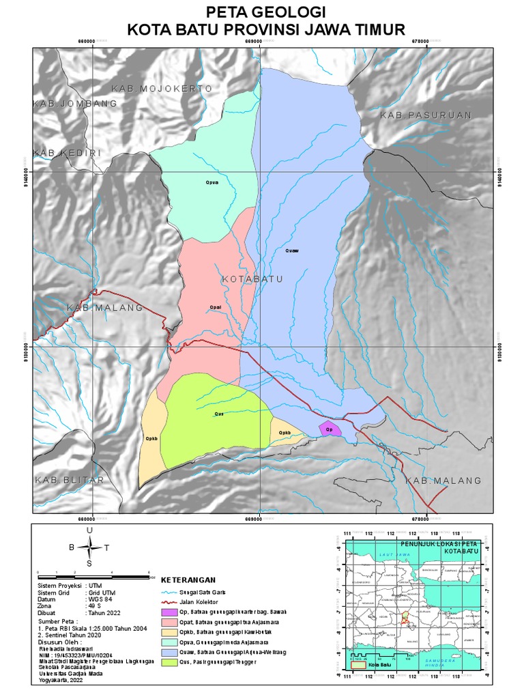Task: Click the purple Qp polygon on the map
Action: (330, 429)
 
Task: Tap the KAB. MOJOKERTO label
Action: (162, 89)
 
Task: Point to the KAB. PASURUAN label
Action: (425, 116)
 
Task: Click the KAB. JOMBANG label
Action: (75, 104)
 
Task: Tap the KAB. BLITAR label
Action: (70, 480)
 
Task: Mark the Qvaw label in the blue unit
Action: (292, 251)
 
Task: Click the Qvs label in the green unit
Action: (219, 414)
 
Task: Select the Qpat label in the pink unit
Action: (216, 307)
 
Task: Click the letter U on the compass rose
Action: (89, 530)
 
